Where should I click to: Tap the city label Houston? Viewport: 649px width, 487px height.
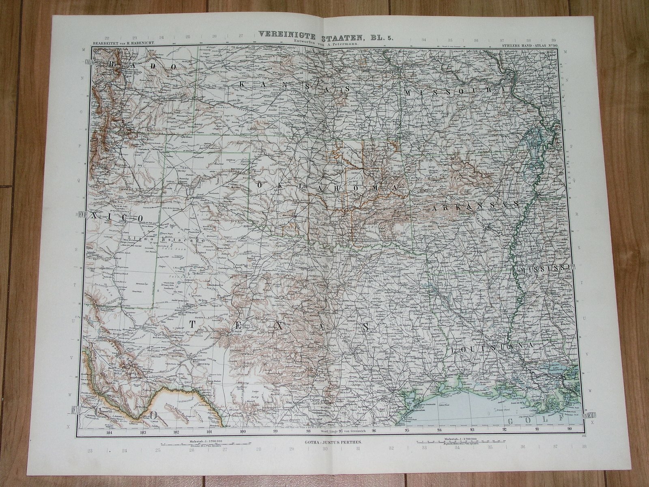click(393, 390)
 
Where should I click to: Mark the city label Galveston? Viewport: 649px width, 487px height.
click(417, 410)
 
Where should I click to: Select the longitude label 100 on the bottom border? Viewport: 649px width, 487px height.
click(243, 433)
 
